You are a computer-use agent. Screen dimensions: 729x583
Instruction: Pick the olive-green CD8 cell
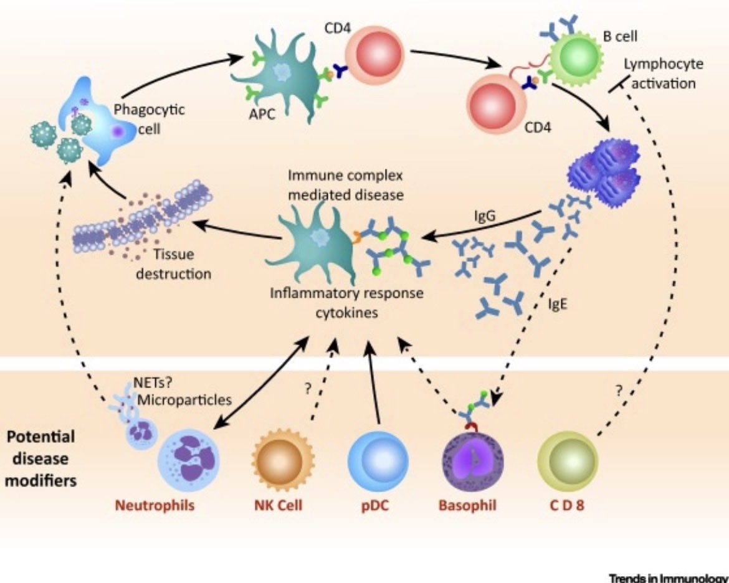click(x=567, y=460)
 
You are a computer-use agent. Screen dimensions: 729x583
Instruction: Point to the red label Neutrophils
click(x=155, y=505)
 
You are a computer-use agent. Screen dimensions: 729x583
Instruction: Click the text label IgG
click(x=485, y=216)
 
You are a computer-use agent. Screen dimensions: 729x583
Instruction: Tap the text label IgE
click(x=558, y=304)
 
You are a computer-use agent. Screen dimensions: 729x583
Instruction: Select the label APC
click(x=262, y=113)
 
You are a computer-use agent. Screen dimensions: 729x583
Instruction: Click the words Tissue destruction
click(x=173, y=263)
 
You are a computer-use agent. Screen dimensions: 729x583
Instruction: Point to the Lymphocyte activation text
click(x=664, y=73)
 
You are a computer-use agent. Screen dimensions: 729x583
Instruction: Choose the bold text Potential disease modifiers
click(x=40, y=458)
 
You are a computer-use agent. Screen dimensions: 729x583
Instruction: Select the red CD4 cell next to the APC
click(x=374, y=52)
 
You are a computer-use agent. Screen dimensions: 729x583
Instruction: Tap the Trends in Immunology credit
click(x=669, y=578)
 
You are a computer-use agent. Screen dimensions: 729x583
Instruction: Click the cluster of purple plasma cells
click(x=604, y=172)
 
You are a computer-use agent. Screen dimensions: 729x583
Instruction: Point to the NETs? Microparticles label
click(x=182, y=391)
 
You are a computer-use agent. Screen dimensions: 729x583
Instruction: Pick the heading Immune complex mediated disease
click(x=345, y=184)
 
